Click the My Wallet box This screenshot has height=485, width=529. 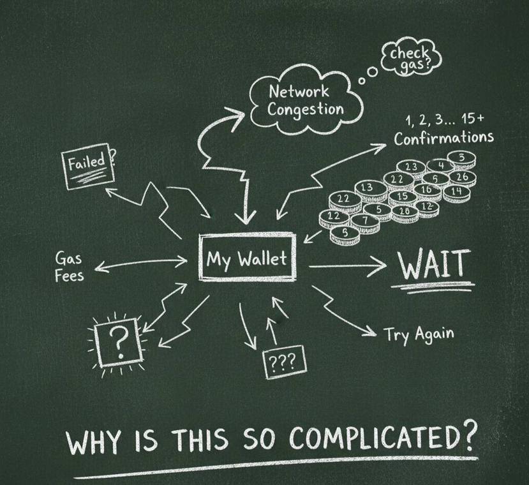247,258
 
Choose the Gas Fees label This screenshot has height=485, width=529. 69,267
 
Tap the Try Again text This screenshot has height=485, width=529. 419,334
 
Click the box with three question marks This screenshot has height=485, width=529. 284,362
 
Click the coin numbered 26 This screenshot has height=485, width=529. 462,177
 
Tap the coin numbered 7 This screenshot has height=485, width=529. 365,221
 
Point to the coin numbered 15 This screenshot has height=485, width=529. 402,196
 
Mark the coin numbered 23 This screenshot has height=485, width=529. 412,167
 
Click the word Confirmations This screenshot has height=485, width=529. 443,138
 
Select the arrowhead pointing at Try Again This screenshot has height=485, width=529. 371,331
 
